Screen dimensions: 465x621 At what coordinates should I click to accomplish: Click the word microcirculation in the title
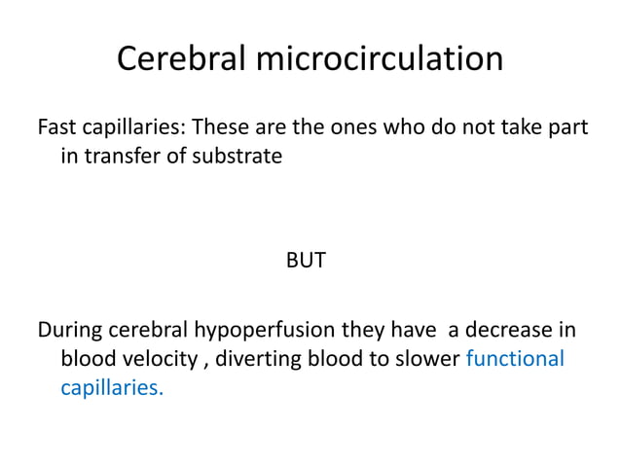coord(380,59)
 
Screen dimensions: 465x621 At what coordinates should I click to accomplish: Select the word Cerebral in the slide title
coord(182,59)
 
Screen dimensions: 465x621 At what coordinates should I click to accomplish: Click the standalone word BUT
coord(306,261)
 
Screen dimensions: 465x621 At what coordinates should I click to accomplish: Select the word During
coord(69,330)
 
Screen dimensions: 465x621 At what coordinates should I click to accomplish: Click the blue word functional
coord(516,358)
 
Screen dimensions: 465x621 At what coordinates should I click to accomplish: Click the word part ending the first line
coord(567,127)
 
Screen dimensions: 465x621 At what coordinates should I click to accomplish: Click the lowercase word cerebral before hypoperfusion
coord(145,330)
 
